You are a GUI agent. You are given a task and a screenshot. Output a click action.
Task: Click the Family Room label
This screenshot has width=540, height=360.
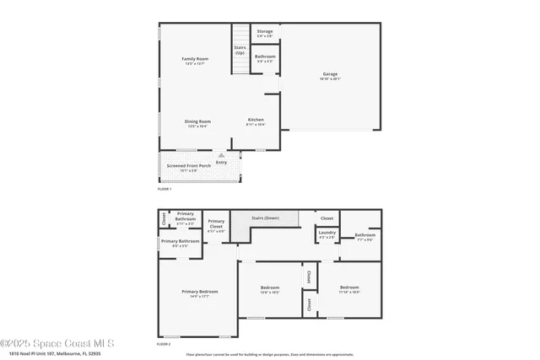coord(195,59)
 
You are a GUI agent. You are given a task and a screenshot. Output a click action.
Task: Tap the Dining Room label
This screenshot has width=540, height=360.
coord(197,121)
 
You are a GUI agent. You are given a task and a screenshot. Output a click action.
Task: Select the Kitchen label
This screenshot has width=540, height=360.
coord(256,120)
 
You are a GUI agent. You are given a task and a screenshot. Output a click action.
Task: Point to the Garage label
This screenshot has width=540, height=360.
coord(330,74)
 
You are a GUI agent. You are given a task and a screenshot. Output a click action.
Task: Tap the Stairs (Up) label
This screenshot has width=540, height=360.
coord(240,50)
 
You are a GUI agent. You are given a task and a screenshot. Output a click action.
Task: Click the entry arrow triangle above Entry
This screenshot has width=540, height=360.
coord(221,155)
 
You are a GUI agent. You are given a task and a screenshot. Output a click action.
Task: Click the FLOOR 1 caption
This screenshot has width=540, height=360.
coord(165,189)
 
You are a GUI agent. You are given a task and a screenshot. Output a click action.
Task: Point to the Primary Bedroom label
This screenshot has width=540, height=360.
coord(200,292)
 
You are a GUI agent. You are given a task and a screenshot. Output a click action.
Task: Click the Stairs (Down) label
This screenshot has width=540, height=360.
coord(265,218)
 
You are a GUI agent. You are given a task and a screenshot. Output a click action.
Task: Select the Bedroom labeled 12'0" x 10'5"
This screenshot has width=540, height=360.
coord(270,288)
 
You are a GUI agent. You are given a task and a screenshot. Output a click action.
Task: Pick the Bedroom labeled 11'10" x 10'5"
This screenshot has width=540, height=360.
coord(349,288)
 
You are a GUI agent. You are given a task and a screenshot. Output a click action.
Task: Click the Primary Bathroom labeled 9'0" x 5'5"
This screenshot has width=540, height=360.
coord(181,242)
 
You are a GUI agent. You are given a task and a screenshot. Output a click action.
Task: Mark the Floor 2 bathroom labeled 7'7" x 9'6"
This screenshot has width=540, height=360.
coord(364,235)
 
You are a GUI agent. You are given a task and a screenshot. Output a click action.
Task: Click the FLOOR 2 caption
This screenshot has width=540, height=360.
coord(165,345)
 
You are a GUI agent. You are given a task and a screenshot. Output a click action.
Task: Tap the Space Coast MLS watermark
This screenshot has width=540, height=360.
coord(57,343)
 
